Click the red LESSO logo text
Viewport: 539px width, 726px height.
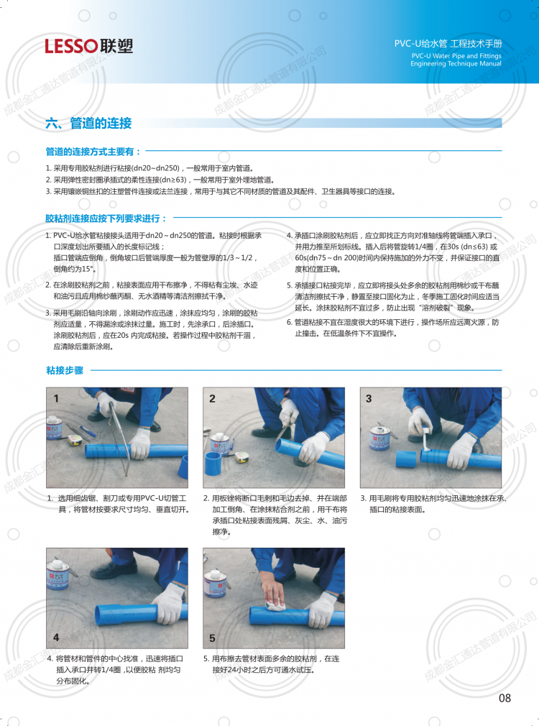tap(71, 46)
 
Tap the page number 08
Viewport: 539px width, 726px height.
tap(505, 698)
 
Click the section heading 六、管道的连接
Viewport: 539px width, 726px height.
tap(88, 123)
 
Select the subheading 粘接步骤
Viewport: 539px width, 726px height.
tap(65, 370)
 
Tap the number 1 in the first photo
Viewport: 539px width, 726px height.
tap(56, 398)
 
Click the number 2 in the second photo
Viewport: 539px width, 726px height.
tap(212, 398)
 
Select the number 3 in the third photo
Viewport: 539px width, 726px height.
tap(369, 398)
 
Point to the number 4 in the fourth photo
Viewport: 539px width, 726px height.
tap(56, 638)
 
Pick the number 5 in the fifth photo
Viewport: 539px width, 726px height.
tap(212, 638)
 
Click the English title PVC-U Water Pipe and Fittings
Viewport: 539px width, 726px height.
tap(456, 55)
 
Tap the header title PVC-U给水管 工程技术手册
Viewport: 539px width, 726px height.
tap(448, 44)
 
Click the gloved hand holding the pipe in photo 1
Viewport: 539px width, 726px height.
tap(141, 443)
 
